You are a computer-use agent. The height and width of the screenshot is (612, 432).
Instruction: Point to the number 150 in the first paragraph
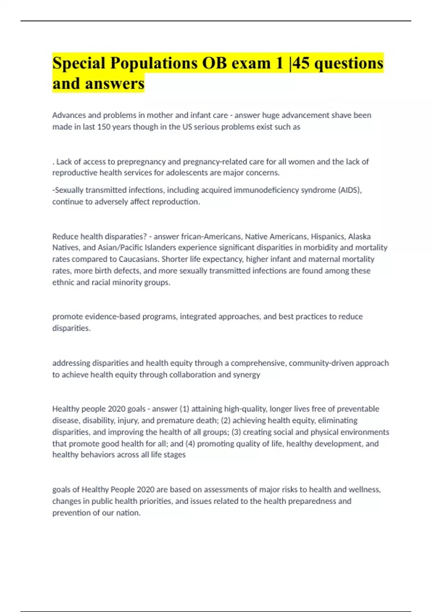point(104,127)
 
